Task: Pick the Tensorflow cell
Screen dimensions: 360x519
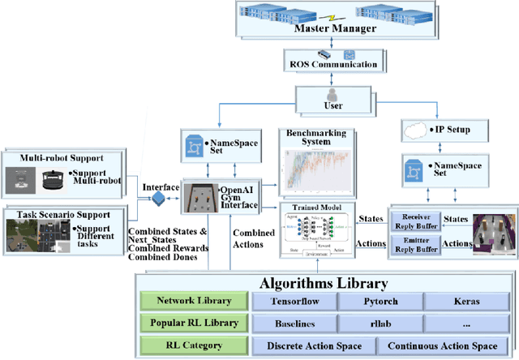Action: [x=291, y=302]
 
